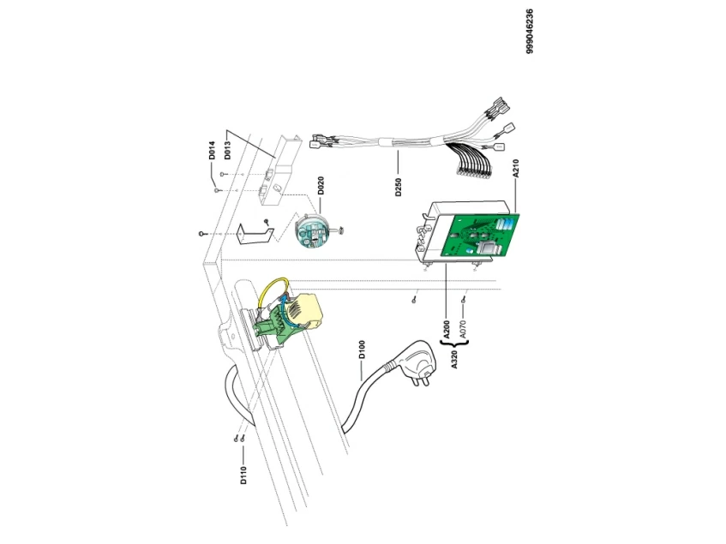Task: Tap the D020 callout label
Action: pyautogui.click(x=320, y=187)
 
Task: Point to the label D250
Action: pyautogui.click(x=399, y=188)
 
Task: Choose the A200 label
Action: pyautogui.click(x=447, y=329)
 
